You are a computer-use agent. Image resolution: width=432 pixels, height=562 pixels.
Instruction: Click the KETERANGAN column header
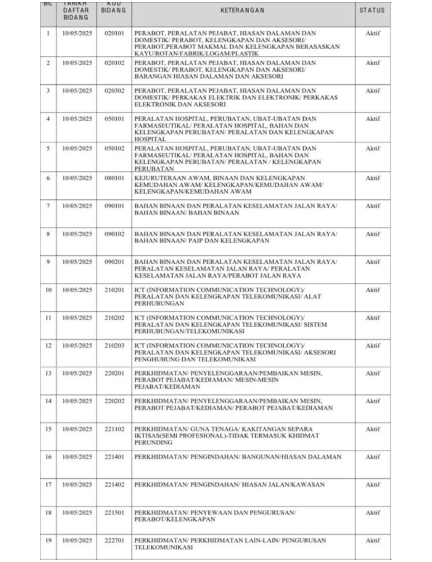click(x=242, y=10)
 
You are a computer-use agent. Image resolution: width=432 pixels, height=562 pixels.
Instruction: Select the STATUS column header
click(x=372, y=10)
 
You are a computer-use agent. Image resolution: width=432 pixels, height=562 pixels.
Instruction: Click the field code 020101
click(x=114, y=33)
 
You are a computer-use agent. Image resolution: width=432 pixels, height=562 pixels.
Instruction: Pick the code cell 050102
click(x=114, y=148)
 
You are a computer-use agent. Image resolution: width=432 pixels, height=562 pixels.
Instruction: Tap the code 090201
click(x=114, y=262)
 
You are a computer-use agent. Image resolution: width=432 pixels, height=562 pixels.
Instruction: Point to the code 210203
click(x=114, y=346)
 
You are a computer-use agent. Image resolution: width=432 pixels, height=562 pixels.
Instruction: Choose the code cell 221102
click(x=114, y=429)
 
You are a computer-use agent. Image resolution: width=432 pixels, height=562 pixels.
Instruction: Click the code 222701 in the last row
click(x=114, y=540)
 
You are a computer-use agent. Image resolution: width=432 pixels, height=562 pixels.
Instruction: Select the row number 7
click(x=48, y=206)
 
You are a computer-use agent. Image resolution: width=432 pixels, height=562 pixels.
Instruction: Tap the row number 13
click(x=48, y=374)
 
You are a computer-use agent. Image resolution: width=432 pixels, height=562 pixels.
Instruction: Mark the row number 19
click(x=48, y=540)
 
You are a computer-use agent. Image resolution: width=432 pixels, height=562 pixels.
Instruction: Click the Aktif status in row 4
click(x=372, y=119)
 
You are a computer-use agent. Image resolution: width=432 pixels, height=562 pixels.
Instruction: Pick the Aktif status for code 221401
click(x=372, y=457)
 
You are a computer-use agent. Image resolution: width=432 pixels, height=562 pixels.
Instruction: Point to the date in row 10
click(x=77, y=290)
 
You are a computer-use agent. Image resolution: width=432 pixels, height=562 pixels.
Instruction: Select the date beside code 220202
click(x=77, y=401)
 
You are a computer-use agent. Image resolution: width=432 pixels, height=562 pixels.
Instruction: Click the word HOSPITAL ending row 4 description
click(x=150, y=139)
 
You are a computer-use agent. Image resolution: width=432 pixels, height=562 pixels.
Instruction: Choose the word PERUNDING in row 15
click(x=153, y=443)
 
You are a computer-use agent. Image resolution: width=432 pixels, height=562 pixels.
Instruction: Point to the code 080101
click(x=114, y=178)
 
